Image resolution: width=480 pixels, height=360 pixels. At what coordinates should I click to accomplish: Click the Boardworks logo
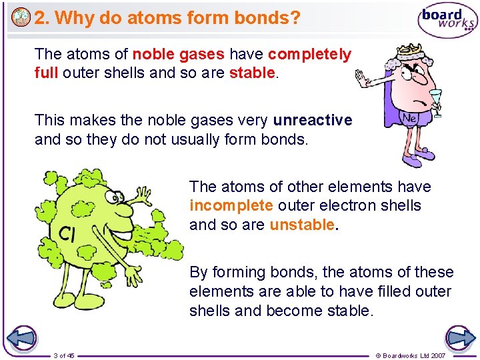pos(447,20)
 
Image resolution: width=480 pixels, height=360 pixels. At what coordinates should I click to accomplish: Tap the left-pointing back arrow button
pos(21,338)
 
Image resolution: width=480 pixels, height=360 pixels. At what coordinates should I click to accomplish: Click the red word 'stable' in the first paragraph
pos(251,72)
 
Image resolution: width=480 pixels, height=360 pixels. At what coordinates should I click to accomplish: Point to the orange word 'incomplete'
pos(231,205)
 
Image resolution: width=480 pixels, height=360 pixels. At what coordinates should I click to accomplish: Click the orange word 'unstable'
pos(303,225)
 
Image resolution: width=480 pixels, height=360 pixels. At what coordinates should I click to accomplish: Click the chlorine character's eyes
pos(114,196)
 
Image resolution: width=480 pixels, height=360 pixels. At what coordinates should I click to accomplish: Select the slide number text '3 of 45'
pos(64,355)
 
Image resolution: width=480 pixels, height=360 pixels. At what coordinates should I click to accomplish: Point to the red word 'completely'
pos(309,54)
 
